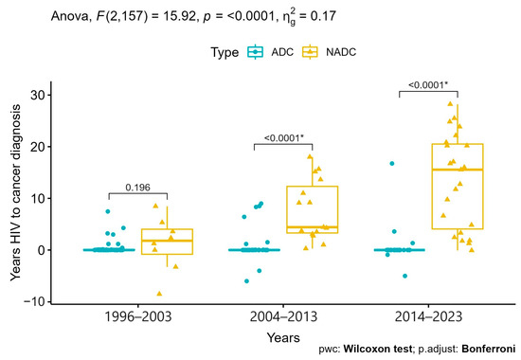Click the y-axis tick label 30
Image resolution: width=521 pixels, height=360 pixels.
click(x=37, y=96)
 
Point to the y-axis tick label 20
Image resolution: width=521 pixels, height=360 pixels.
click(x=37, y=147)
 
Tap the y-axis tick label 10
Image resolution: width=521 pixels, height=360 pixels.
click(x=37, y=198)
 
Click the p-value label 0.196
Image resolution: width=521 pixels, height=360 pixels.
click(x=137, y=187)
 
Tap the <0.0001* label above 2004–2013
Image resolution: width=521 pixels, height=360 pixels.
click(x=283, y=135)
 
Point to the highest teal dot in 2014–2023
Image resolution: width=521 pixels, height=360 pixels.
click(x=391, y=164)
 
